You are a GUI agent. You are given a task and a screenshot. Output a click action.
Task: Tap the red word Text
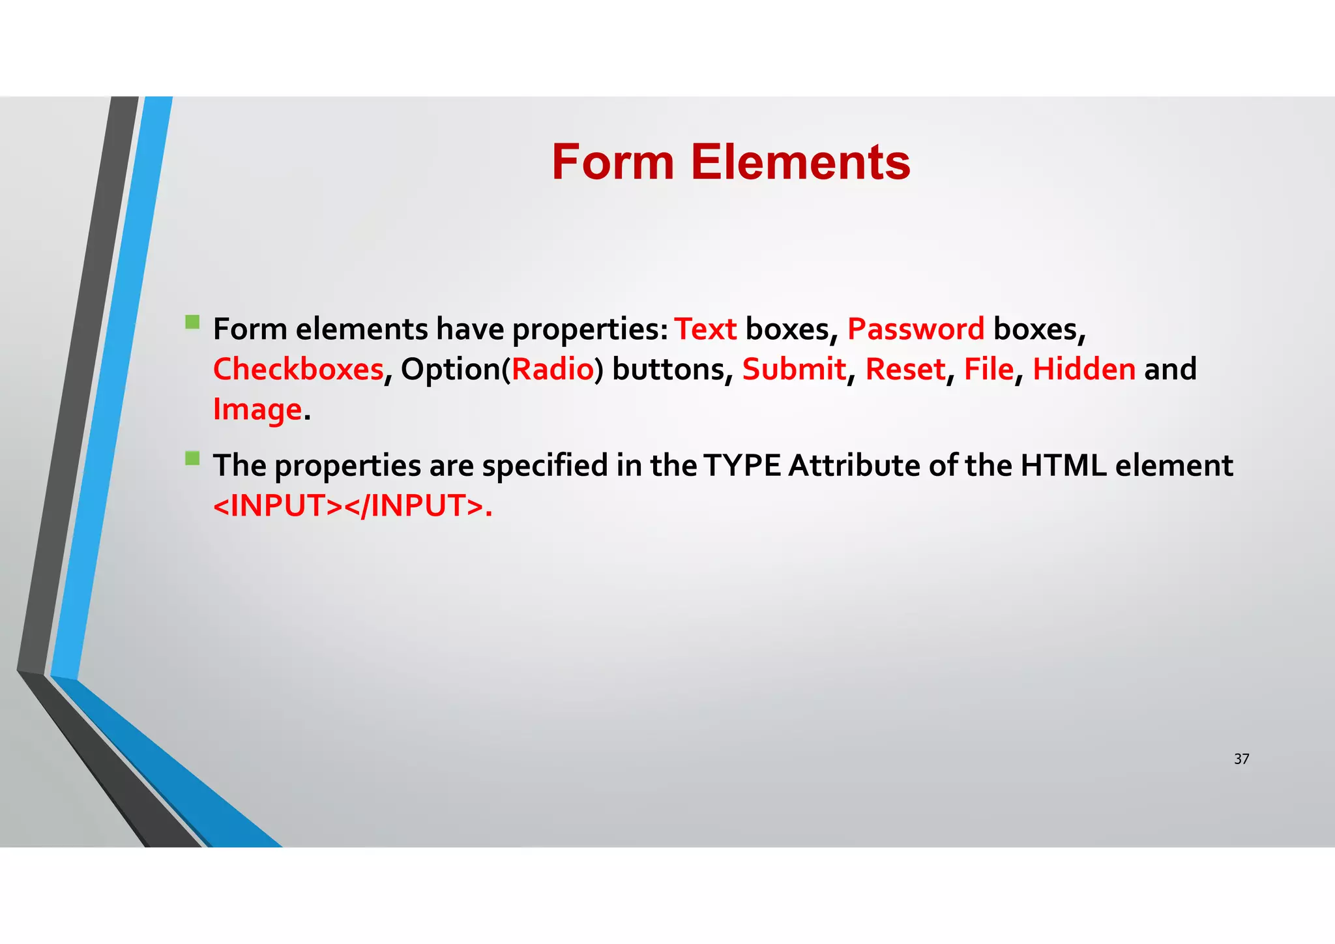[x=705, y=329]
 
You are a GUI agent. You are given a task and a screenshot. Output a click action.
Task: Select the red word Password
[x=915, y=329]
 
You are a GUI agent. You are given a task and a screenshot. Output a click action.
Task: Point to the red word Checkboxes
[x=298, y=370]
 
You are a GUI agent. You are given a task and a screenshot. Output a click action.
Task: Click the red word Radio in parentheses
[x=553, y=370]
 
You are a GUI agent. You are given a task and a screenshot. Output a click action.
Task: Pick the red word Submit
[x=793, y=370]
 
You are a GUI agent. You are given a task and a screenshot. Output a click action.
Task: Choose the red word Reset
[x=905, y=370]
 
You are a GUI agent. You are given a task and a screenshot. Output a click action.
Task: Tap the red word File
[x=988, y=370]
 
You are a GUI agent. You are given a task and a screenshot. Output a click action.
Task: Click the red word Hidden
[x=1084, y=370]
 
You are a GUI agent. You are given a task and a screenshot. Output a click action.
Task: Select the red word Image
[x=257, y=410]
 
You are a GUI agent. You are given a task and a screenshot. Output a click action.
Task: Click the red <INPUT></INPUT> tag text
[x=352, y=506]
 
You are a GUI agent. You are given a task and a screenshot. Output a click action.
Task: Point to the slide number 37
[x=1241, y=759]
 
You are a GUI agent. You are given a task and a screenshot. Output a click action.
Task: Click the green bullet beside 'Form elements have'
[x=192, y=322]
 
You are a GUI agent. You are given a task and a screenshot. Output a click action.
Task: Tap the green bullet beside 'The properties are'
[x=192, y=458]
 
